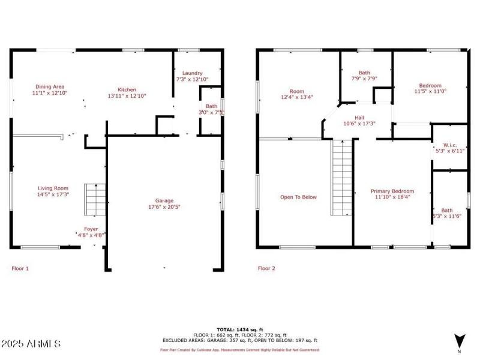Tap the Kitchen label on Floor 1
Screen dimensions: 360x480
click(127, 89)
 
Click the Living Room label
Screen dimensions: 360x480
click(53, 188)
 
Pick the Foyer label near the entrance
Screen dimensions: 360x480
click(91, 229)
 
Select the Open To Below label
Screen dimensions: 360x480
click(298, 197)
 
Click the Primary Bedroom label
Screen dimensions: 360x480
click(392, 191)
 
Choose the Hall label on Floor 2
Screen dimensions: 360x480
click(359, 118)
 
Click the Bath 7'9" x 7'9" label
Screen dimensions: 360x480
click(364, 73)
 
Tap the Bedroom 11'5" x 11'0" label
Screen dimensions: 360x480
click(430, 85)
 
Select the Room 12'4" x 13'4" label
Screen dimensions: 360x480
click(297, 92)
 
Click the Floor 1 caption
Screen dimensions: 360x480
click(20, 268)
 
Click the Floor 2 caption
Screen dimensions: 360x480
click(266, 268)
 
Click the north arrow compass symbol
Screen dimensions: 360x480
click(460, 340)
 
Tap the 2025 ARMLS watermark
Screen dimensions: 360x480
click(31, 344)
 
